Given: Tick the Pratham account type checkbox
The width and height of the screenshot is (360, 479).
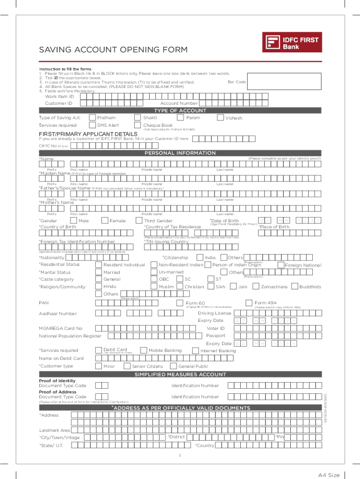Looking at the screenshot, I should [93, 118].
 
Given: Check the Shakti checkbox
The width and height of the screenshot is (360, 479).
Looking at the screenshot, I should [137, 118].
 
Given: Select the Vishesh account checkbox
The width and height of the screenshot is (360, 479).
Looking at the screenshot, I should [221, 118].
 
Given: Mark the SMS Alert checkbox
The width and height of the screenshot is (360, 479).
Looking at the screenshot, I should [93, 125].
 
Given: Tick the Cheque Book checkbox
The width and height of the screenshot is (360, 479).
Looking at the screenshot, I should [137, 125].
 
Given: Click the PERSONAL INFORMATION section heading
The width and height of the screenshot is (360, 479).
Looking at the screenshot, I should [180, 153].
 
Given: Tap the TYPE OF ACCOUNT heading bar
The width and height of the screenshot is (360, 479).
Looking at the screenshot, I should [180, 110].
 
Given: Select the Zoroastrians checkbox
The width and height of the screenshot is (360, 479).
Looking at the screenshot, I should [256, 286].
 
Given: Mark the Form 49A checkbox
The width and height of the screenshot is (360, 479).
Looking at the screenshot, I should [248, 302].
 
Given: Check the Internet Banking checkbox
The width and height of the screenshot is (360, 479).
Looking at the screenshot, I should [195, 350].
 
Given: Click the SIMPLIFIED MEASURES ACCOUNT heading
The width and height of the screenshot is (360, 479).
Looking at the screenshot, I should [180, 375].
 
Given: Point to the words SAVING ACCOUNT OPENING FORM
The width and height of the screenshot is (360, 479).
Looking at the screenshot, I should [113, 50].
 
